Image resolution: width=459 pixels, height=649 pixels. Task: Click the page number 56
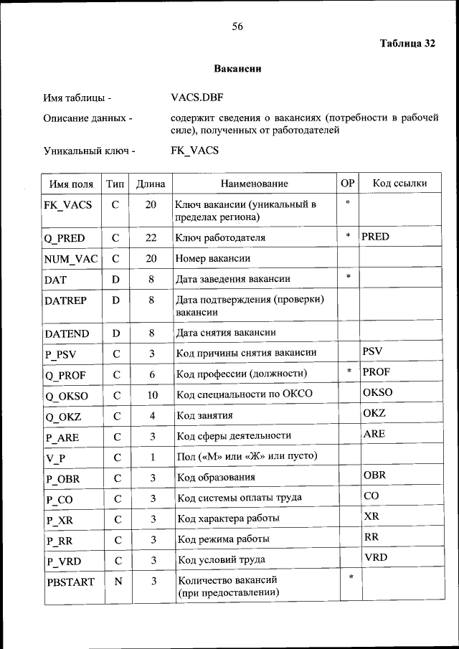coord(237,27)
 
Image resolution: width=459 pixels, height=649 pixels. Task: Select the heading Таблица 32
coord(407,44)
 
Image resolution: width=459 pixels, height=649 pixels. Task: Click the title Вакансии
coord(237,70)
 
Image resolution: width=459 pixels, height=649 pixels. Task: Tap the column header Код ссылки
coord(399,184)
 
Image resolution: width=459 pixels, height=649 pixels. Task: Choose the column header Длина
coord(151,184)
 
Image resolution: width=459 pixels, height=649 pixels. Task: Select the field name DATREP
coord(65,300)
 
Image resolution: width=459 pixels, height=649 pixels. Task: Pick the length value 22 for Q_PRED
coord(151,237)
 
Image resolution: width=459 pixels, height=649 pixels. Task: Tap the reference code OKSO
coord(378,392)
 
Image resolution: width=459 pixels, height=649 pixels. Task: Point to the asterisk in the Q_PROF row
coord(348,371)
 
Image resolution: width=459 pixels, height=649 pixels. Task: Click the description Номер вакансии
coord(213,258)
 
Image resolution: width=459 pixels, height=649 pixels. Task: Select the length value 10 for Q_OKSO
coord(151,394)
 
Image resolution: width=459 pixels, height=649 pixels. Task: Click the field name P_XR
coord(59,519)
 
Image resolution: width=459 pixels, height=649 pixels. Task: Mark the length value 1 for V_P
coord(152,457)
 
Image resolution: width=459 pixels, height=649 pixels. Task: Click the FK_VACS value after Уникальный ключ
coord(195,151)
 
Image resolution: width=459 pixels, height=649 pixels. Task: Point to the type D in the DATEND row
coord(115,333)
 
